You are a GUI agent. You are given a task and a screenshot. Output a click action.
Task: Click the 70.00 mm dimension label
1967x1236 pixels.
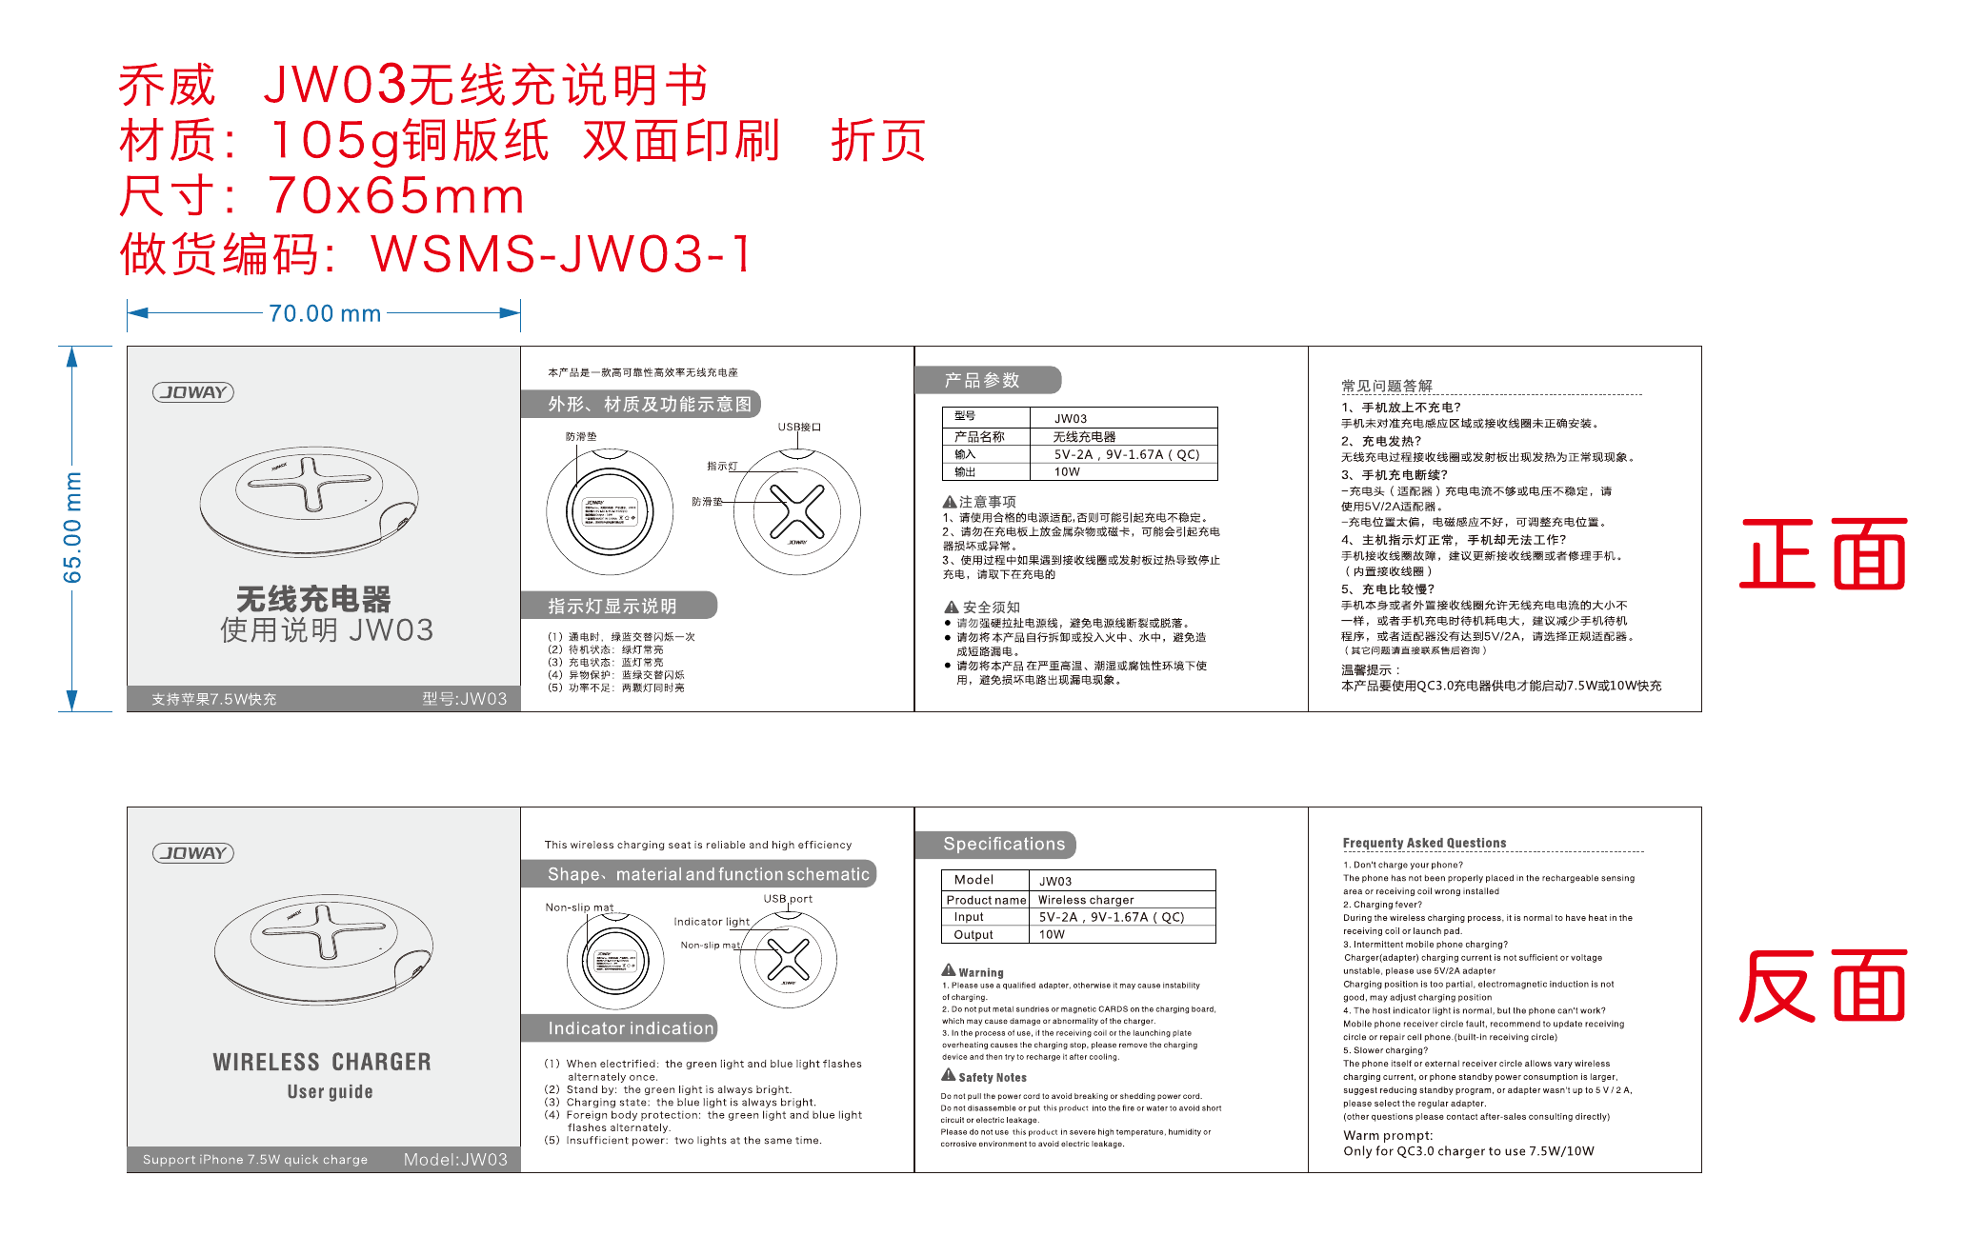click(325, 313)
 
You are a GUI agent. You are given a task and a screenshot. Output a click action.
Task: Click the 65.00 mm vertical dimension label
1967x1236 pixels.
click(72, 528)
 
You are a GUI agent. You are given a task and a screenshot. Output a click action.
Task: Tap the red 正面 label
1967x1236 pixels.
click(1822, 554)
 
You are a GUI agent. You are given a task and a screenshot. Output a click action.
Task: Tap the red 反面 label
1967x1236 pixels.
click(1822, 987)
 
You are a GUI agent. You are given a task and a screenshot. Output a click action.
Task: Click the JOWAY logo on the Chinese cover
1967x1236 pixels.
click(193, 392)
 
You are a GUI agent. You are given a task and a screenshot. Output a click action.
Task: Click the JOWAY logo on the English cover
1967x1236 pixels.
click(193, 853)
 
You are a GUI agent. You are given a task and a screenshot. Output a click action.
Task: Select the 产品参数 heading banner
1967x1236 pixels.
click(987, 380)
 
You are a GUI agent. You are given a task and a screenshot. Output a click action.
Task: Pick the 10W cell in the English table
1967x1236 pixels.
click(1052, 935)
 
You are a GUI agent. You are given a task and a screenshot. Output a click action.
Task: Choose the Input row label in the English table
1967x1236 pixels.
click(969, 917)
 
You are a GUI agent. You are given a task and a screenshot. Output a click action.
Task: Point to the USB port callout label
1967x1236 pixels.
click(788, 899)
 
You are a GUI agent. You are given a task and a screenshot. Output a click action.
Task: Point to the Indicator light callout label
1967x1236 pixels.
click(712, 922)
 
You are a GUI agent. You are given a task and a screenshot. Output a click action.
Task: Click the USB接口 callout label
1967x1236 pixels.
click(799, 427)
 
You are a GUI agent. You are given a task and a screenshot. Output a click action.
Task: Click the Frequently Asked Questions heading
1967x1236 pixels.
click(1424, 843)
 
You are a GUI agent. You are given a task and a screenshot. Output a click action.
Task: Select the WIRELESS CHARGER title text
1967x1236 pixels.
click(322, 1062)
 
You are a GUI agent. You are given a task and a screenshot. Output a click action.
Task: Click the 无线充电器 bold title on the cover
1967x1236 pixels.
click(313, 599)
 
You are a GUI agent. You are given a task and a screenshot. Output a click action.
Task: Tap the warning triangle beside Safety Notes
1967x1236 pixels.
click(949, 1075)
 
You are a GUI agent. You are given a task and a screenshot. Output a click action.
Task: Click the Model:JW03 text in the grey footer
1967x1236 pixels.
click(455, 1160)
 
